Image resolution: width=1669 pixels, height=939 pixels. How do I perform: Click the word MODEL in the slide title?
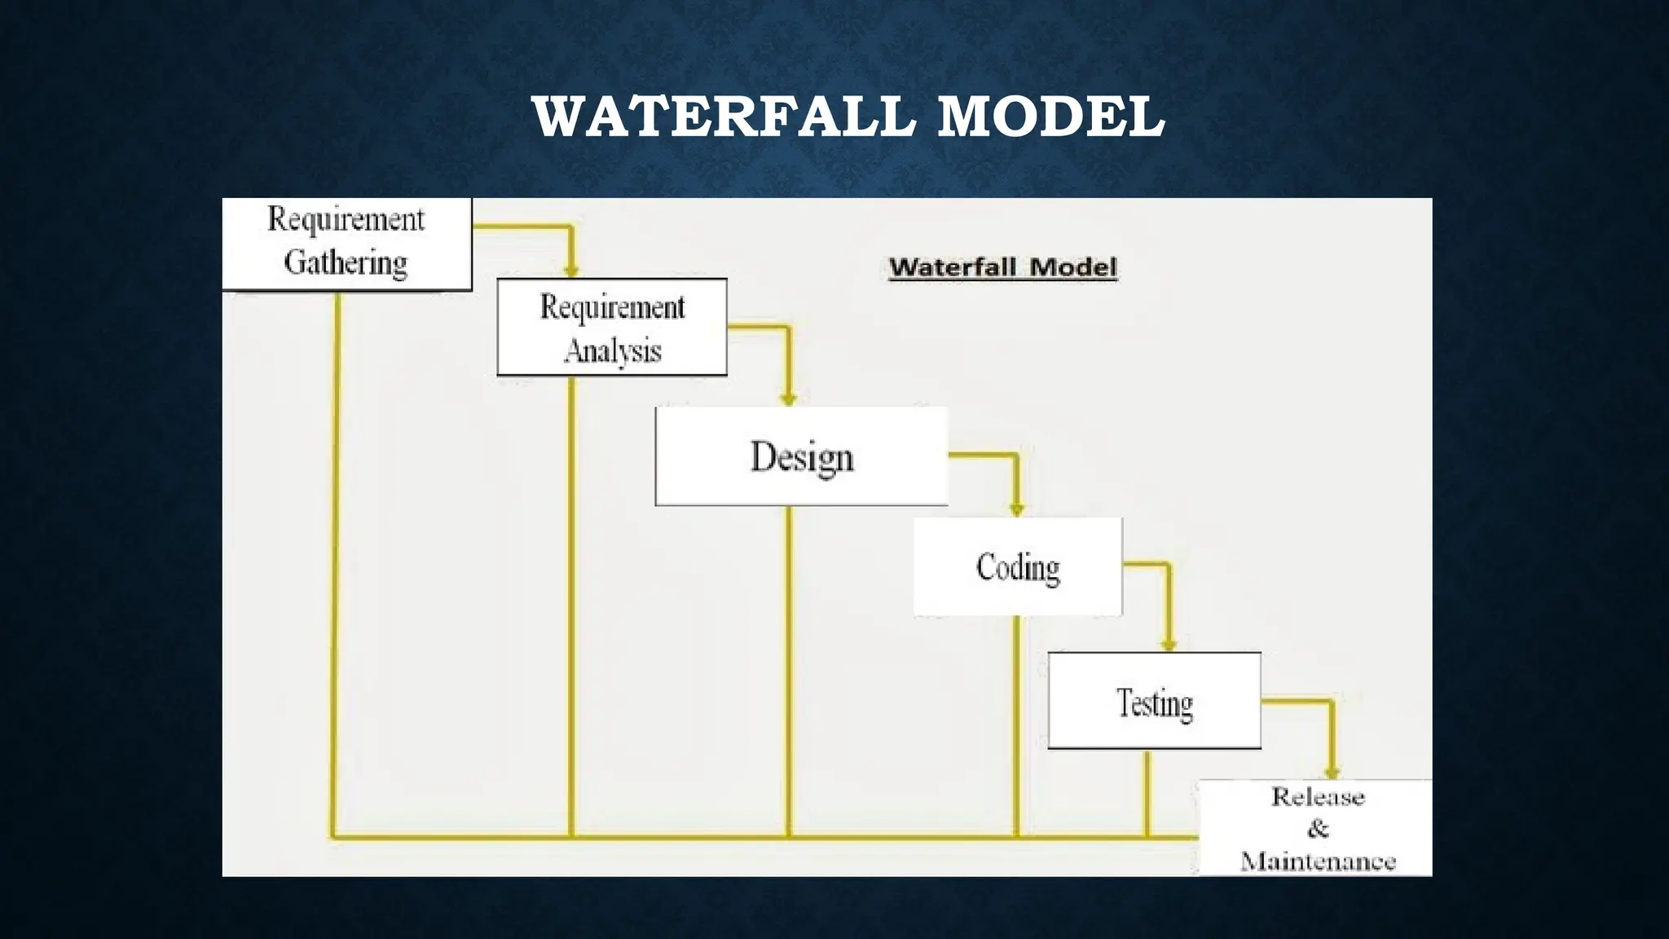(x=1051, y=117)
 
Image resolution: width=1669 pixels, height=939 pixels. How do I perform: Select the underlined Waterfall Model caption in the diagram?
(x=1002, y=267)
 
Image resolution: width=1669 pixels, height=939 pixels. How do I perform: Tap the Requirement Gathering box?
(x=347, y=243)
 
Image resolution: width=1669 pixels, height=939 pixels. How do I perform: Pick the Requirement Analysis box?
(x=612, y=328)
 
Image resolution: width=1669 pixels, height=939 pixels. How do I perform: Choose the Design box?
(x=802, y=456)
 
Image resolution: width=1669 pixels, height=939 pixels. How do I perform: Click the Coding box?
(x=1018, y=567)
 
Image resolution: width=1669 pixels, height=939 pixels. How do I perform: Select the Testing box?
(x=1154, y=701)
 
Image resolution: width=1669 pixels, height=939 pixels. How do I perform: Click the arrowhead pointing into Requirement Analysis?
(x=571, y=271)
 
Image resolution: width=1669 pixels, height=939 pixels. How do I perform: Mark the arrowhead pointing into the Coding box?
(x=1016, y=509)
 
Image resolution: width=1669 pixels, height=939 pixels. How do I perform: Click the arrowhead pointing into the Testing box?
(x=1169, y=645)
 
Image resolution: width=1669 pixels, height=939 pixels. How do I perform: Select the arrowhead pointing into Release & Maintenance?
(x=1332, y=772)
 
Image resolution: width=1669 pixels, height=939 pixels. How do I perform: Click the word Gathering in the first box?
(x=346, y=262)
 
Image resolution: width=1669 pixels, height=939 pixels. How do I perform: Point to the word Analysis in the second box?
(x=612, y=351)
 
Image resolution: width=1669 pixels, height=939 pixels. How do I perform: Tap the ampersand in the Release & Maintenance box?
(x=1318, y=829)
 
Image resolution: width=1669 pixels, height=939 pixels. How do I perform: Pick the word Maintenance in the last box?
(x=1318, y=861)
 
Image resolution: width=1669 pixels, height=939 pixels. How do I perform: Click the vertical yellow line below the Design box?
(x=788, y=668)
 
